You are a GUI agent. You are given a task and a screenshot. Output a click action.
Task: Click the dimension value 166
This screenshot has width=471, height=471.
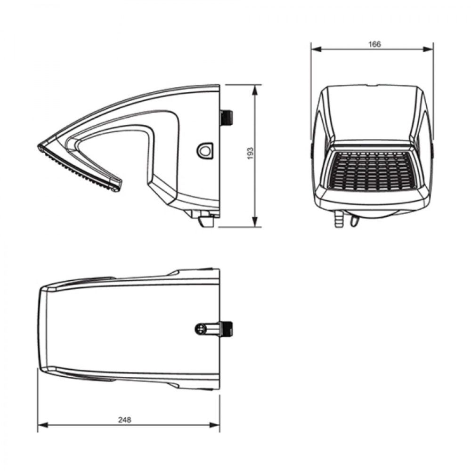pyautogui.click(x=374, y=44)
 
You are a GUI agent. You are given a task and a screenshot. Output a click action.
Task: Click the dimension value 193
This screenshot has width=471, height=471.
pyautogui.click(x=251, y=154)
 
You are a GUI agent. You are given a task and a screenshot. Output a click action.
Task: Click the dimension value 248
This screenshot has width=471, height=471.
pyautogui.click(x=125, y=420)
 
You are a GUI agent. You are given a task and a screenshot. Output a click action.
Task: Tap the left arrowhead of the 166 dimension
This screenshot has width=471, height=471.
pyautogui.click(x=317, y=49)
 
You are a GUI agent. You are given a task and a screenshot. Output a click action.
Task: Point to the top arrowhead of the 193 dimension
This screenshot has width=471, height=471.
pyautogui.click(x=255, y=90)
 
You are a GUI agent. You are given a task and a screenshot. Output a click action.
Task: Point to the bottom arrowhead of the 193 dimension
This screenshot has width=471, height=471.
pyautogui.click(x=255, y=222)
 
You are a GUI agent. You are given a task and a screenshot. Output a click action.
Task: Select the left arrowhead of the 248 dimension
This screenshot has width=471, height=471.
pyautogui.click(x=43, y=425)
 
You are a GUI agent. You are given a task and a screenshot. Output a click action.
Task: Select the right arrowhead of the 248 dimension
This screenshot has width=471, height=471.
pyautogui.click(x=214, y=425)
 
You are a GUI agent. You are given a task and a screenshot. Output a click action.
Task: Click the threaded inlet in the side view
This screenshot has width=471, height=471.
pyautogui.click(x=227, y=117)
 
